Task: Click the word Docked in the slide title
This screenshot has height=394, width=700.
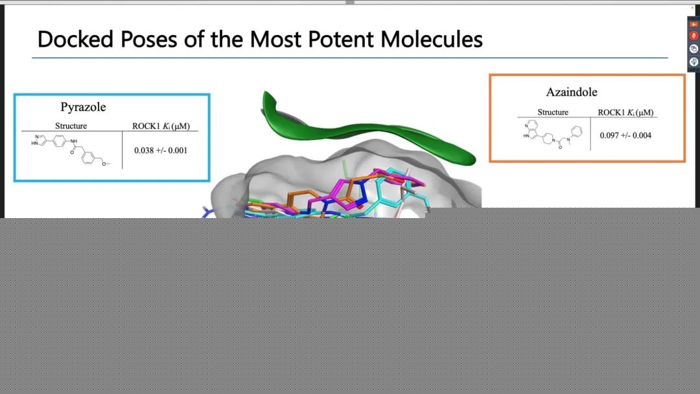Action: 75,40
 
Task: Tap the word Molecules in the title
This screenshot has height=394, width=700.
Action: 431,40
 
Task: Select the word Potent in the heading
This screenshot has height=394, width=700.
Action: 341,40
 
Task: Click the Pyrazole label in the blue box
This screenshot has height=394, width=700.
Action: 83,107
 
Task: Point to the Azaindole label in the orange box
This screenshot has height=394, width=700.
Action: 572,92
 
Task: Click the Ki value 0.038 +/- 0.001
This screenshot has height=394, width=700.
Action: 161,151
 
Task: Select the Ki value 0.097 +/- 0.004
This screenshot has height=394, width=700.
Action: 625,135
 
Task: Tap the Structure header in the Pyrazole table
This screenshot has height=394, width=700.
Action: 71,126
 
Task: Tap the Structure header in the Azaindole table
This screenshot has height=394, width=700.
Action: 553,112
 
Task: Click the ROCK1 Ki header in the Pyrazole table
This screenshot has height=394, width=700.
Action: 161,126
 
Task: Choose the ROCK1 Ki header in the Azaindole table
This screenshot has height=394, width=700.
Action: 625,112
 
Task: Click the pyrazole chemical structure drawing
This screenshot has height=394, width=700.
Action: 71,151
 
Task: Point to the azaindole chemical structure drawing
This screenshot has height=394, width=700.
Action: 553,134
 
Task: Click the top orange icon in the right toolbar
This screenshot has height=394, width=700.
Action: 694,24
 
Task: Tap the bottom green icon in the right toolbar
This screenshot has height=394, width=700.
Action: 694,62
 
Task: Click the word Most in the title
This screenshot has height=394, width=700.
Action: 275,40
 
